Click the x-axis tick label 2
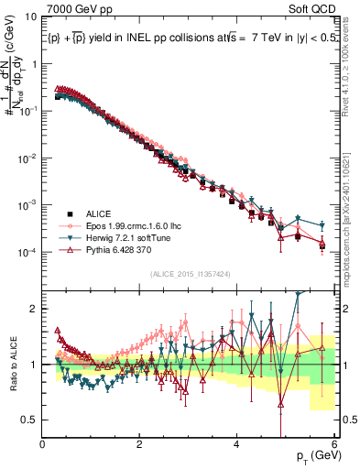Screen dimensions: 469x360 [x=140, y=443]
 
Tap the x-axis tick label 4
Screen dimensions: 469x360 [x=237, y=443]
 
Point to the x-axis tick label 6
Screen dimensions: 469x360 [x=334, y=443]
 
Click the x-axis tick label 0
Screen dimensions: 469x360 [x=43, y=443]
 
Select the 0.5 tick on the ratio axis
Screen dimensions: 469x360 [x=29, y=420]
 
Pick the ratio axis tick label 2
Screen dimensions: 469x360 [x=34, y=309]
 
